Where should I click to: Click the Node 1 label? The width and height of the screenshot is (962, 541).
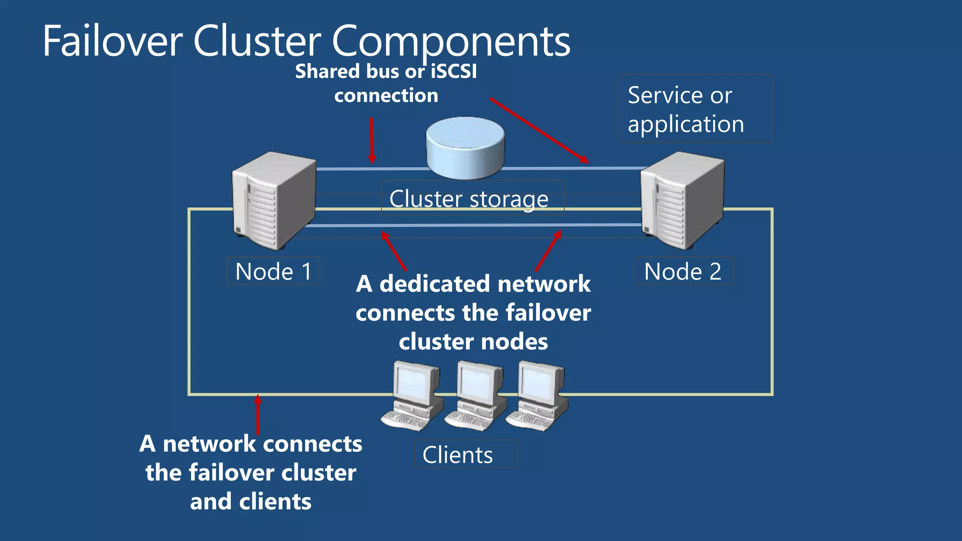[273, 271]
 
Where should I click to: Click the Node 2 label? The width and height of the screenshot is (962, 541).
[683, 271]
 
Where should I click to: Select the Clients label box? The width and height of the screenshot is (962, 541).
[465, 454]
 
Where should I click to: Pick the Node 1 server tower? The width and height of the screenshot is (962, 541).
[274, 201]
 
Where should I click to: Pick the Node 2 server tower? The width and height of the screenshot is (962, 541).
[682, 201]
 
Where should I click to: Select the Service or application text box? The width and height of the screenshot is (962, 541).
[695, 109]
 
